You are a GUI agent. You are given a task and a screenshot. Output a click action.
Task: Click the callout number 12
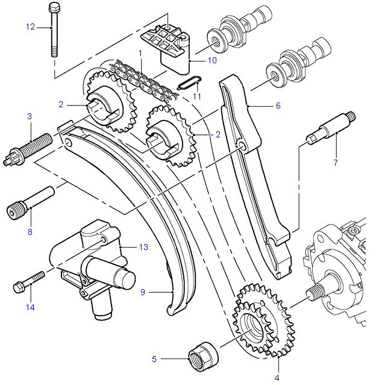pos(30,27)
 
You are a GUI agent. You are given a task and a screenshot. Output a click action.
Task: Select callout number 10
pos(211,60)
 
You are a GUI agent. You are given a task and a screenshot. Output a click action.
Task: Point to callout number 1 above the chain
pos(140,53)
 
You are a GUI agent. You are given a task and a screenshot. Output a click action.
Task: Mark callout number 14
pos(30,307)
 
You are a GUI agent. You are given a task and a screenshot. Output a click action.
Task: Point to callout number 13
pos(143,247)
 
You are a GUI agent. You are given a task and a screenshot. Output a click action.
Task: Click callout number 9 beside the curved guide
pos(143,292)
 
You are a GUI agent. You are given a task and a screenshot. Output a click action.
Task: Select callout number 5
pos(154,359)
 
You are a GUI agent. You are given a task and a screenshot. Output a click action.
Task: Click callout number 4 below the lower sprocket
pos(277,378)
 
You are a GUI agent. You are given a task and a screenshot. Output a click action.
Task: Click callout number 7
pos(335,162)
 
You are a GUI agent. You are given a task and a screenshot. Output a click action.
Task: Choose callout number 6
pos(278,105)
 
